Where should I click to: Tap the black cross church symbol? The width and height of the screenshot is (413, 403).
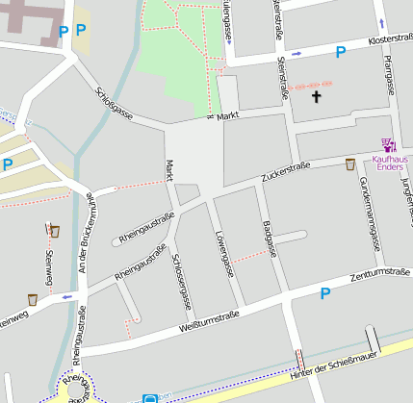pyautogui.click(x=317, y=96)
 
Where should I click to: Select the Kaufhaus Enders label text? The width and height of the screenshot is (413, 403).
pyautogui.click(x=389, y=164)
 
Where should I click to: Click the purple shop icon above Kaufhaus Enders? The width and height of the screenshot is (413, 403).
pyautogui.click(x=388, y=145)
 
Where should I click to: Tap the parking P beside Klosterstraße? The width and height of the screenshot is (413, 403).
pyautogui.click(x=340, y=53)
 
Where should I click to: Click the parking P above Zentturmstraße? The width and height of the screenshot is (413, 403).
pyautogui.click(x=324, y=294)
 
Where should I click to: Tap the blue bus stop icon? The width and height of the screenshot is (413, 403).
pyautogui.click(x=150, y=397)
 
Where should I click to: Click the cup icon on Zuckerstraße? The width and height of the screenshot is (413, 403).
pyautogui.click(x=349, y=164)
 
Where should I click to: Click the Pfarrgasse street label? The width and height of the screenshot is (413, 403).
pyautogui.click(x=389, y=73)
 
